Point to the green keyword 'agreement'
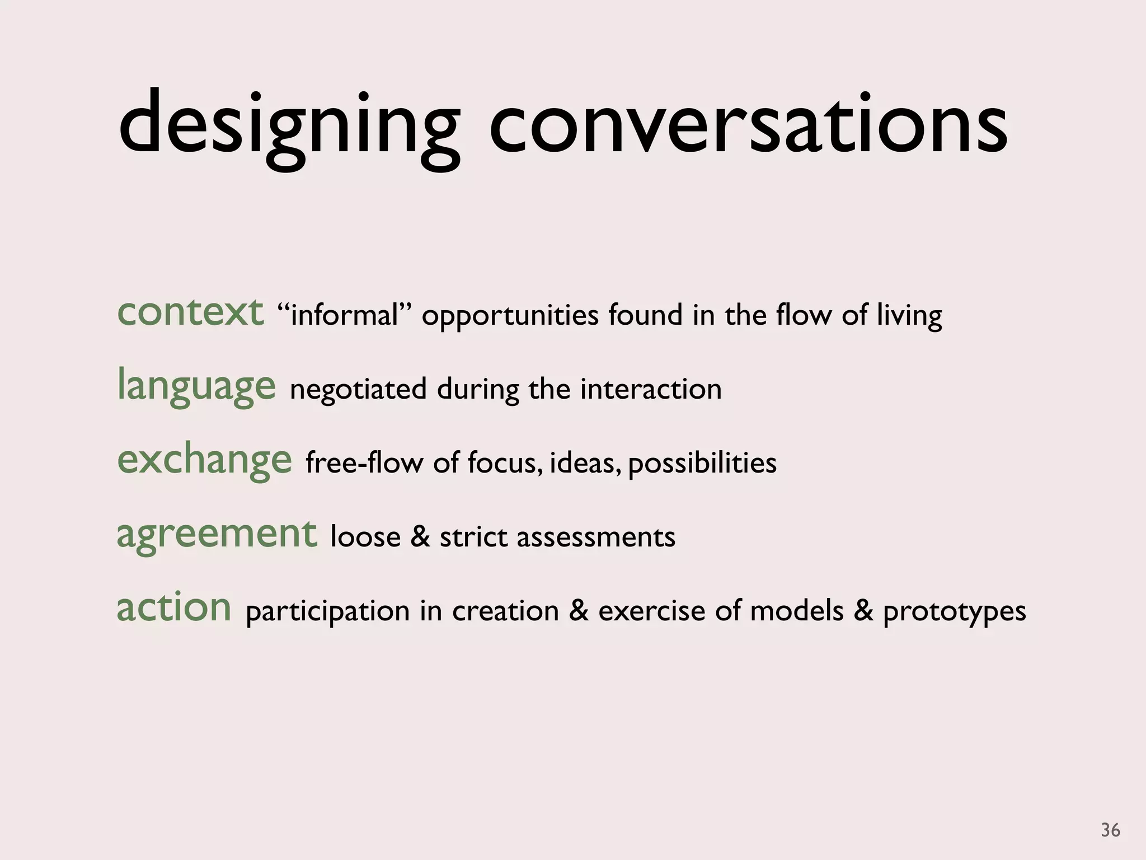217,534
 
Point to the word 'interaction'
651,389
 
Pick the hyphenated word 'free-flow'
364,463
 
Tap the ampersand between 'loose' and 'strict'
420,537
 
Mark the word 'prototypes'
955,612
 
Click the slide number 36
1110,830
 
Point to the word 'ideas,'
585,463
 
